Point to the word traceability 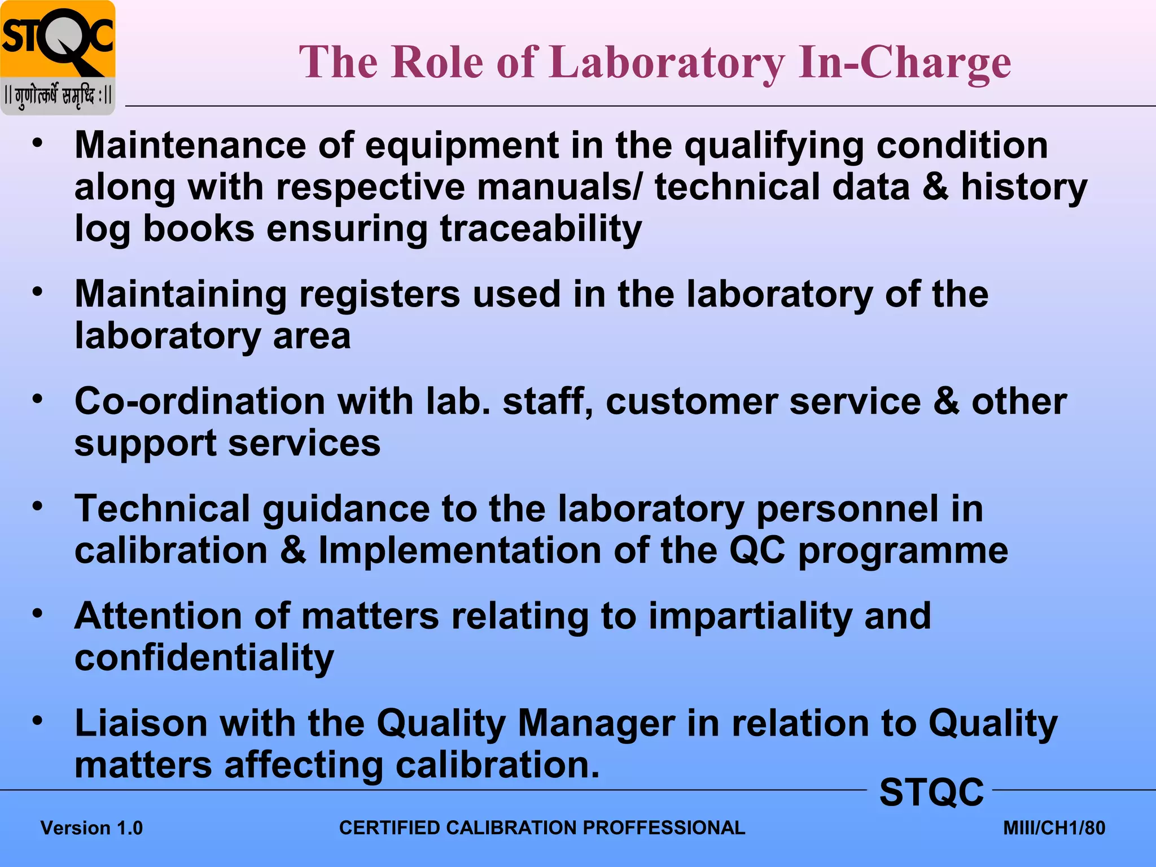(x=541, y=229)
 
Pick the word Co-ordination (x=200, y=401)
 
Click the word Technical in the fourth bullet (x=163, y=509)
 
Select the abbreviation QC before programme (x=757, y=550)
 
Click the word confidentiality (x=204, y=658)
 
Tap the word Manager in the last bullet (x=596, y=723)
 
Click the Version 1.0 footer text (x=92, y=828)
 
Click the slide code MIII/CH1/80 (x=1054, y=828)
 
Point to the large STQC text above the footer (x=931, y=792)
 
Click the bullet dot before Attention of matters (x=37, y=613)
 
